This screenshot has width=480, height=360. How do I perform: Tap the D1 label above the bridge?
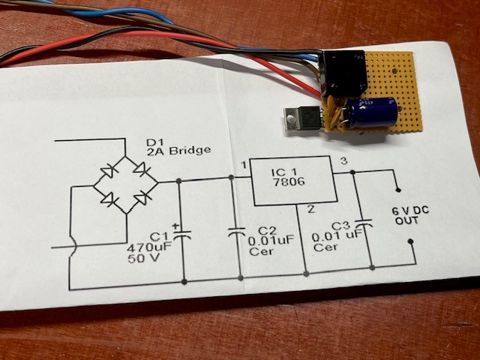tap(155, 142)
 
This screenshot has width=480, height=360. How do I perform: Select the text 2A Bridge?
tap(178, 151)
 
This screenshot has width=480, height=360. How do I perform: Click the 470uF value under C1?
tap(148, 247)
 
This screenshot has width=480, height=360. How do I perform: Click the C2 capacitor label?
tap(268, 231)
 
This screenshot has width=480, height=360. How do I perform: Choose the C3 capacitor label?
tap(340, 226)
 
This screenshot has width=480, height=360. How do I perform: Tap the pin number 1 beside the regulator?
tap(244, 165)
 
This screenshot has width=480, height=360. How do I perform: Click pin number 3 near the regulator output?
tap(344, 161)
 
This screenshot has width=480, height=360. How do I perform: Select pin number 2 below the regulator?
tap(310, 209)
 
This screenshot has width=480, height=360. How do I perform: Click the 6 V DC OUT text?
tap(409, 215)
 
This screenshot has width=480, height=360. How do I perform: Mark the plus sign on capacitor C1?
tap(175, 226)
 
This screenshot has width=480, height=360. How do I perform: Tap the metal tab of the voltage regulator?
tap(291, 118)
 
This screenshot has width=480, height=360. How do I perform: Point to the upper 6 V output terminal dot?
tap(398, 190)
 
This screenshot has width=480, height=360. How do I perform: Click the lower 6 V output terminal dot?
tap(411, 241)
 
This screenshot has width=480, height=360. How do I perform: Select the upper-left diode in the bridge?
tap(108, 170)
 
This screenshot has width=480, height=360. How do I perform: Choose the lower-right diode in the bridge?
tap(143, 198)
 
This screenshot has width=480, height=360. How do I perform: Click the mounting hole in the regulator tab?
tap(290, 117)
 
